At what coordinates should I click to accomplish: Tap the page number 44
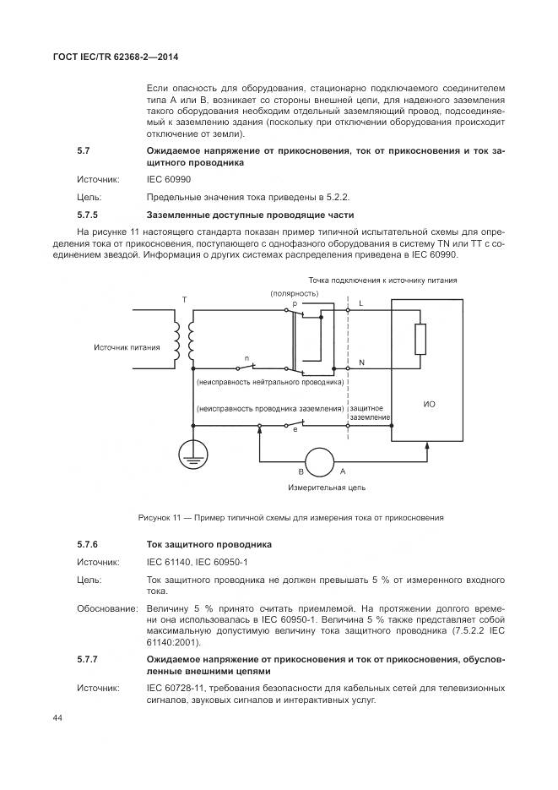point(58,717)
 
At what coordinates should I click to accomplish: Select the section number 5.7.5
point(89,215)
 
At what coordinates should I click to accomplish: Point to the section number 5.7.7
point(89,657)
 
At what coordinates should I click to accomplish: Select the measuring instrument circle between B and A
point(319,462)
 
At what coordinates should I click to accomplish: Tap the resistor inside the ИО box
point(420,340)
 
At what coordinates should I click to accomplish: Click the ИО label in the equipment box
point(429,405)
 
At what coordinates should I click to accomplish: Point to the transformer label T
point(184,300)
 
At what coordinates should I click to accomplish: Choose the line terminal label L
point(362,302)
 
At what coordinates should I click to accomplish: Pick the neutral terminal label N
point(362,362)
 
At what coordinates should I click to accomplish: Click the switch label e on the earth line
point(295,431)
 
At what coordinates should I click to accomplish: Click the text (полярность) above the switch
point(294,292)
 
